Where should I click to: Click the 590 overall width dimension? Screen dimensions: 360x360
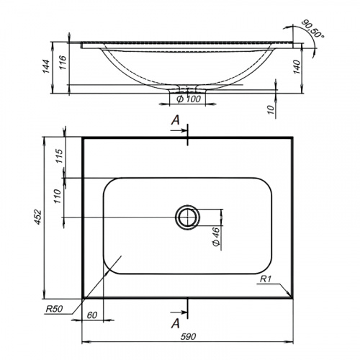(189, 336)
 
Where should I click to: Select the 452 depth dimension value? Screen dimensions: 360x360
(38, 217)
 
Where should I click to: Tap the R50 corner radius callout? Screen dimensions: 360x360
(54, 309)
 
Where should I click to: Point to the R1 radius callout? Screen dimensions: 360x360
(266, 279)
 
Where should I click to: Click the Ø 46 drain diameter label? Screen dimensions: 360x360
(216, 237)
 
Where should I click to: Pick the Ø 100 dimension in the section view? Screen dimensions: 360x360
(189, 99)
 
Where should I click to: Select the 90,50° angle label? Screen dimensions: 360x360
(313, 28)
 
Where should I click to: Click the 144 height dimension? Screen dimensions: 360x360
(45, 66)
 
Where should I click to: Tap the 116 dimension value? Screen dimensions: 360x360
(63, 63)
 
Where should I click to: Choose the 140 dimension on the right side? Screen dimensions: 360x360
(297, 67)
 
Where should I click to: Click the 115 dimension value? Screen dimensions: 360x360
(59, 156)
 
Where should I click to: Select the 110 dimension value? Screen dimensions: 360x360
(58, 196)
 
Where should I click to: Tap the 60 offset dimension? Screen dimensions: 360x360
(92, 315)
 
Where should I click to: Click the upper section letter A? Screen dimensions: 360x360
(176, 120)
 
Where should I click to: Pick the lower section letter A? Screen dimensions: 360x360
(176, 323)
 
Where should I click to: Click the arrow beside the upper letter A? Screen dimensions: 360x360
(179, 130)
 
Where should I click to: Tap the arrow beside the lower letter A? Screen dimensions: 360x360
(179, 312)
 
